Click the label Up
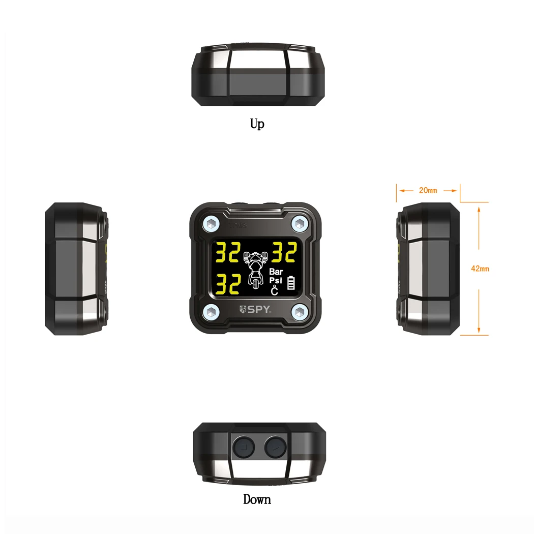click(257, 124)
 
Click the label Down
click(257, 499)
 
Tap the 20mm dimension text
click(428, 191)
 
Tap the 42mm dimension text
click(480, 269)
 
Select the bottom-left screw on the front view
click(211, 311)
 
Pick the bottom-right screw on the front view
click(299, 311)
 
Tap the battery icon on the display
click(291, 283)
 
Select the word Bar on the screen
click(276, 273)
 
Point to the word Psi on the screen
click(275, 281)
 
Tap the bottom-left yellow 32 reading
click(228, 284)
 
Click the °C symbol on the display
click(275, 291)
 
